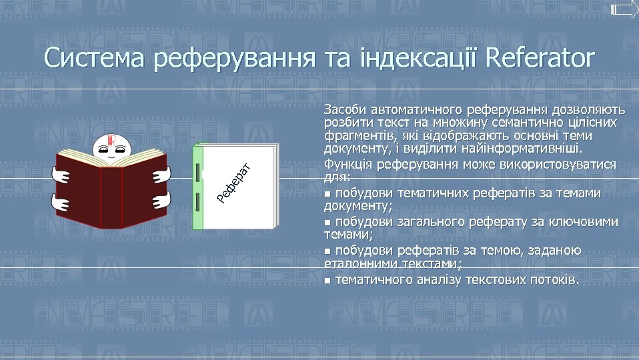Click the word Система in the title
pos(95,58)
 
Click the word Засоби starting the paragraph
pos(344,109)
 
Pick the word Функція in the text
pos(347,164)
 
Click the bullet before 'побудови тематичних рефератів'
pos(327,194)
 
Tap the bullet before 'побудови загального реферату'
pos(327,222)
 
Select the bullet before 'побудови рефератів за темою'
pos(327,251)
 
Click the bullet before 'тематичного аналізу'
pos(327,280)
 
